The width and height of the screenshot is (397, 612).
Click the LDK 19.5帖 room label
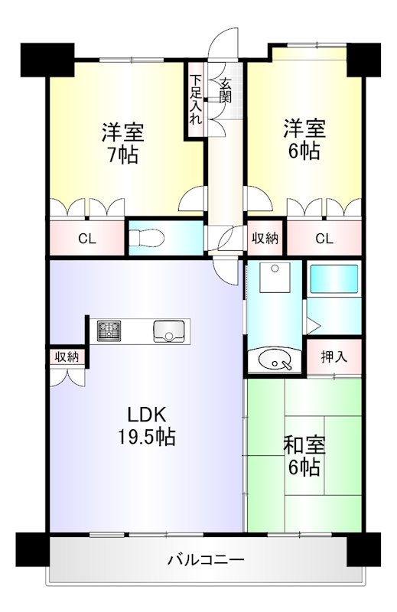[151, 426]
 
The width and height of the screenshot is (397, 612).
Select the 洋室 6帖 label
[304, 138]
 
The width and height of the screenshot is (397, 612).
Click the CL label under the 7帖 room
[86, 239]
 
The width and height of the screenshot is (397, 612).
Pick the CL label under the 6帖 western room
[324, 239]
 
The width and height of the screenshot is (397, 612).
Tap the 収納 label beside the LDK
[67, 356]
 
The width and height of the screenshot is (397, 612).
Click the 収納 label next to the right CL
[265, 239]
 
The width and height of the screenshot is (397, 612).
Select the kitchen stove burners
[109, 331]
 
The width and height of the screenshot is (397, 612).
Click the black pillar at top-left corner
[47, 57]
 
